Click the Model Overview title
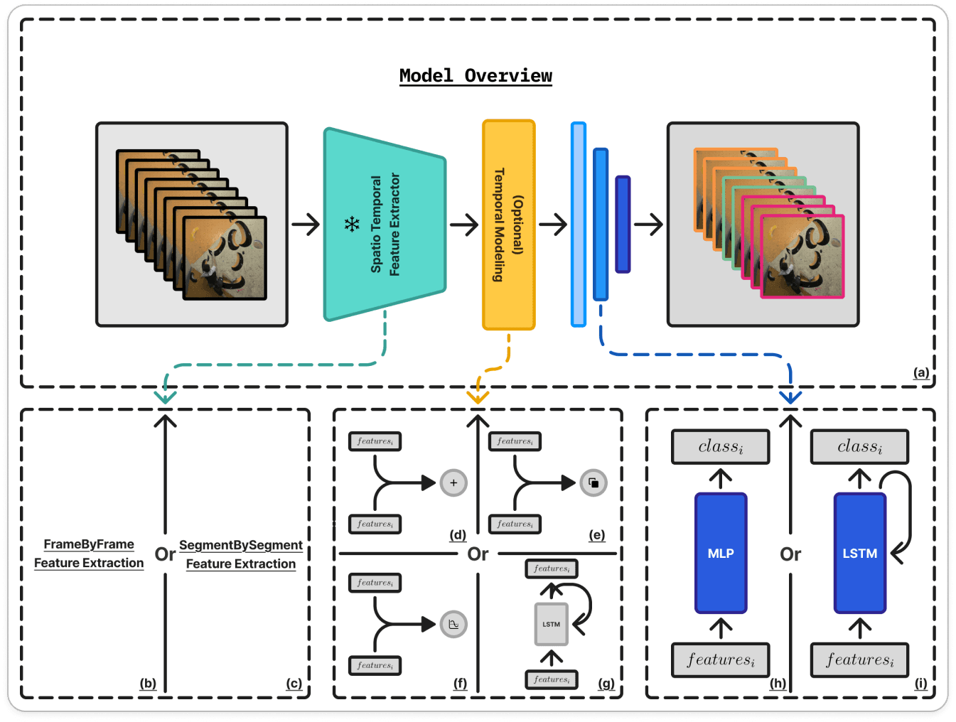476,76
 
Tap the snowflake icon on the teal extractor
352,225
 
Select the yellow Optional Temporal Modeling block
508,225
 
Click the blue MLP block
720,553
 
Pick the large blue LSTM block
859,553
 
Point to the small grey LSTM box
551,624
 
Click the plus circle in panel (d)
453,483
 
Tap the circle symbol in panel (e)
594,483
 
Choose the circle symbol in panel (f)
453,625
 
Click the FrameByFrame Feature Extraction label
89,554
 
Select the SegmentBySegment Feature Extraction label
241,554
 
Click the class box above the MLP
720,447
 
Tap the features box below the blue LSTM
859,660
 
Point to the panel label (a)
921,372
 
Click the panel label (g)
606,684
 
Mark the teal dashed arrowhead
165,397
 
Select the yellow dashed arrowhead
478,397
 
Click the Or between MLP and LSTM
790,554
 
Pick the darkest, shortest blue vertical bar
623,225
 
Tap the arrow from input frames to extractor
306,225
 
